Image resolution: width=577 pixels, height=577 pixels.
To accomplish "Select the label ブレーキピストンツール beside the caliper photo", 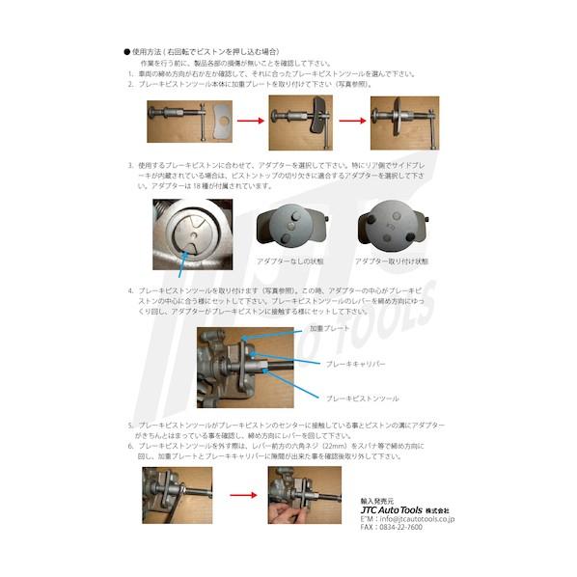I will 363,397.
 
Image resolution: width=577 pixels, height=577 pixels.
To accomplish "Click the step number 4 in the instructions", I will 130,288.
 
